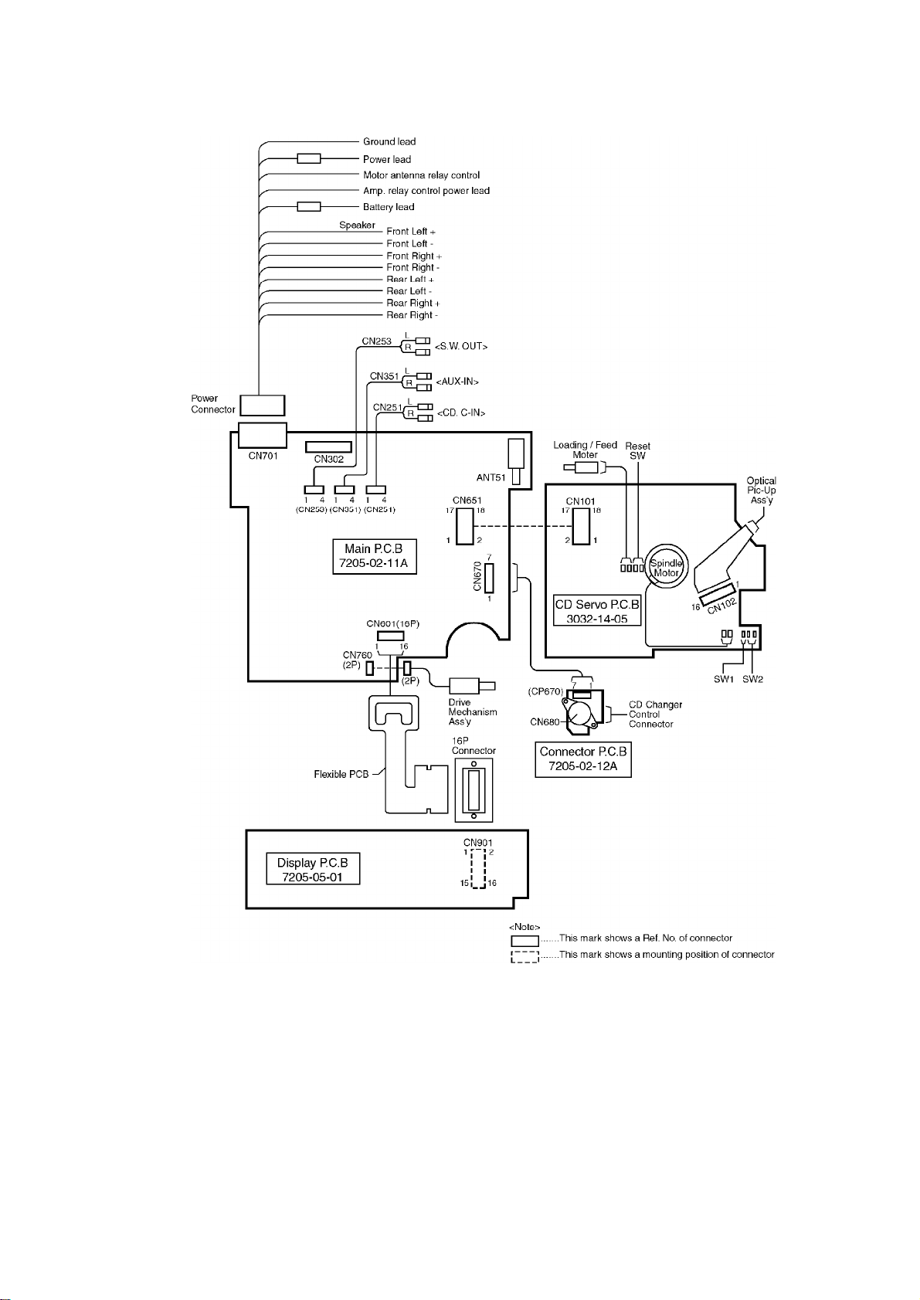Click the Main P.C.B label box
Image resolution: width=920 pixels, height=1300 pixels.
click(x=374, y=556)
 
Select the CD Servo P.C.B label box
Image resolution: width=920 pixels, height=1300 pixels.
click(x=597, y=611)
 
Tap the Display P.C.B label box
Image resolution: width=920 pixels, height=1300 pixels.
click(x=313, y=869)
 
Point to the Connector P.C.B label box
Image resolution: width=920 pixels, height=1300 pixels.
click(x=583, y=759)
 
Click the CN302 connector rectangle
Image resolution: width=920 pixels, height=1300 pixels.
click(x=328, y=446)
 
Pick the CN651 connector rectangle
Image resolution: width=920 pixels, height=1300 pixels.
click(x=464, y=525)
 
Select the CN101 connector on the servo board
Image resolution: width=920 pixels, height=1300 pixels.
click(x=579, y=525)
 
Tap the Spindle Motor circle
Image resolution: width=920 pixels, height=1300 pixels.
click(x=665, y=568)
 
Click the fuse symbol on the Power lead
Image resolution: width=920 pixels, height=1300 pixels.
click(x=309, y=159)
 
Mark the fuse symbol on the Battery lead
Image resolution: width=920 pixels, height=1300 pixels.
click(x=309, y=207)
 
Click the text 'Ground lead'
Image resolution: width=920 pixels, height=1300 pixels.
click(x=389, y=141)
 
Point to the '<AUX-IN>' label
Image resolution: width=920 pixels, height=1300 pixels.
click(x=457, y=382)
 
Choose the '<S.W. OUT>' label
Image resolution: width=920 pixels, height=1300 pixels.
click(x=461, y=347)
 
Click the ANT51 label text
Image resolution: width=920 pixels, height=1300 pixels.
click(x=491, y=477)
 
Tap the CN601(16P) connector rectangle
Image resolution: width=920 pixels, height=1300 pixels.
click(x=390, y=636)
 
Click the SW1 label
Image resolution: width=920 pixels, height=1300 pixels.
click(x=723, y=679)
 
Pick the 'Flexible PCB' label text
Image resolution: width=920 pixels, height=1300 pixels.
click(x=341, y=774)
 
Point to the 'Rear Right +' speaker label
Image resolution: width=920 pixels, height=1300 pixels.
click(x=413, y=303)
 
